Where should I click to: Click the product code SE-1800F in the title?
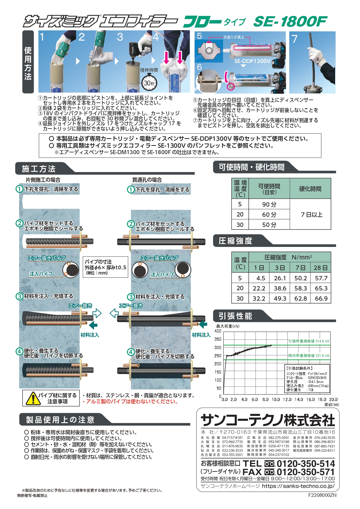[290, 21]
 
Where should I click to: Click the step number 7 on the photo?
[294, 39]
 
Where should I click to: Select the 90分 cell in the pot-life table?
[269, 204]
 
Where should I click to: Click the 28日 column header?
[321, 268]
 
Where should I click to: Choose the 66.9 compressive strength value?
[321, 298]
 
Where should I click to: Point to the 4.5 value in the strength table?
[261, 278]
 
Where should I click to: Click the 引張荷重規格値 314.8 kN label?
[309, 341]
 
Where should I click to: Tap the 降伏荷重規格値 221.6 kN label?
[309, 355]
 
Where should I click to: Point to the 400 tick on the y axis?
[218, 331]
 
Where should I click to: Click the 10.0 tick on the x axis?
[276, 399]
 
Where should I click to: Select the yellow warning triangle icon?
[33, 398]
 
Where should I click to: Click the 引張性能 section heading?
[235, 316]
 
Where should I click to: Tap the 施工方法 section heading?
[39, 169]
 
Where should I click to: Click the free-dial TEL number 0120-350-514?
[306, 463]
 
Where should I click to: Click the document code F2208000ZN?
[322, 495]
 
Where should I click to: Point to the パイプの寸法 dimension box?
[105, 267]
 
